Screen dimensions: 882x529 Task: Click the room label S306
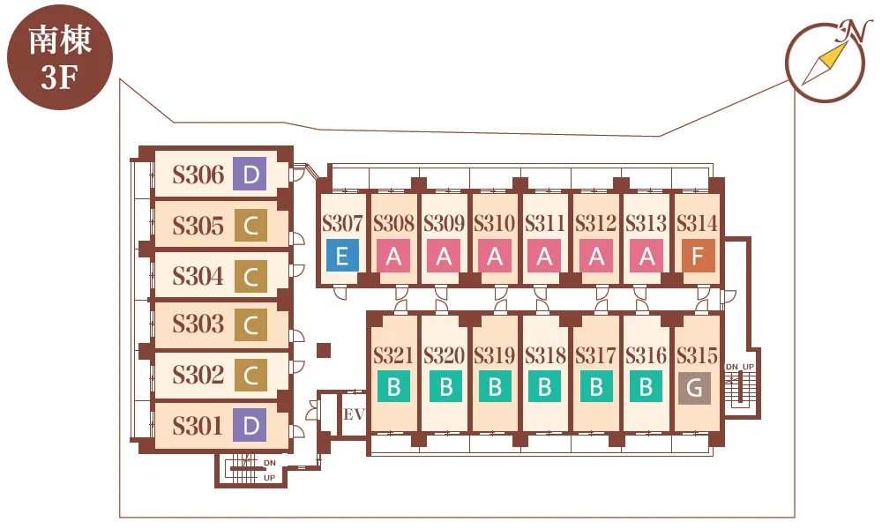click(198, 175)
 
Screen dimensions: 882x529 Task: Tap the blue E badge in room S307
click(342, 256)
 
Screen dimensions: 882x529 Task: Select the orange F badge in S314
click(698, 256)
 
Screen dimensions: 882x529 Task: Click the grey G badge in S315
click(694, 388)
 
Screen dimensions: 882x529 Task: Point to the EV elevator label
click(355, 415)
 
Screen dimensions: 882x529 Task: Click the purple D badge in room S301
click(250, 425)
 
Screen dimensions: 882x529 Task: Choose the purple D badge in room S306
click(250, 174)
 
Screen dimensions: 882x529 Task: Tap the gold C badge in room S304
click(250, 276)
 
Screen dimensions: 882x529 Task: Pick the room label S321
click(393, 355)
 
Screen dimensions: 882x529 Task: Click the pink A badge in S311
click(544, 256)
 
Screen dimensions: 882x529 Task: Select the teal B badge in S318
click(544, 386)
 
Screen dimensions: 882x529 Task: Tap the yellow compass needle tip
click(844, 44)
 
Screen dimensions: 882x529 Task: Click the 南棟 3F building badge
click(60, 57)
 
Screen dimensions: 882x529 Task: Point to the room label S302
click(198, 375)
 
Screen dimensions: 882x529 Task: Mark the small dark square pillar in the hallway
click(324, 350)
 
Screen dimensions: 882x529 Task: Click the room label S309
click(444, 224)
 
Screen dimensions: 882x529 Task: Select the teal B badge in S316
click(646, 386)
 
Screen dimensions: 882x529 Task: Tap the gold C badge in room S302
click(250, 375)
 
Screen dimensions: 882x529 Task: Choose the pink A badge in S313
click(647, 256)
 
